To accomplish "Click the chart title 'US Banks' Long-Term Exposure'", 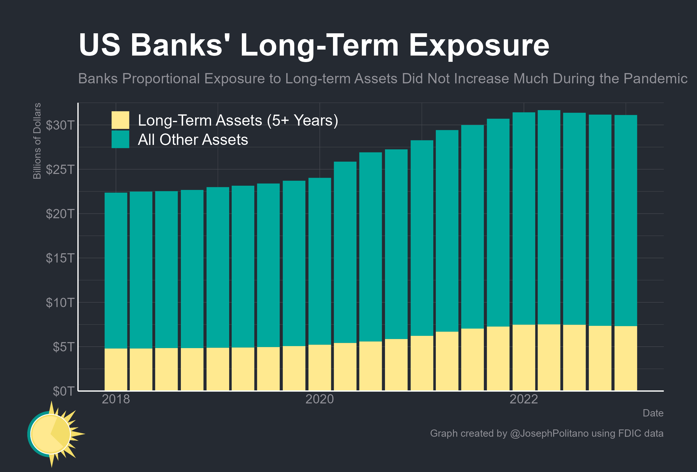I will [x=314, y=45].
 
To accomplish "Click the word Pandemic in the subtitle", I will [x=655, y=79].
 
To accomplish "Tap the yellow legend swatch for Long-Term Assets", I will [x=120, y=120].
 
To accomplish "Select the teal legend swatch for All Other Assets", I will [x=120, y=139].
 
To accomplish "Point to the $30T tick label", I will [x=60, y=125].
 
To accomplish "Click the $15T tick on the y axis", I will [x=60, y=258].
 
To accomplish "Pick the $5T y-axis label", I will [x=63, y=347].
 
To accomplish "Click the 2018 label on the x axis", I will [x=116, y=399].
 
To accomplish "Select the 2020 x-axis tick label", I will [x=319, y=399].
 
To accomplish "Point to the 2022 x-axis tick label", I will [x=524, y=399].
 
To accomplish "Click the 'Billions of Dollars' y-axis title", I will [x=37, y=141].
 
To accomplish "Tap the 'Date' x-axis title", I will [x=653, y=413].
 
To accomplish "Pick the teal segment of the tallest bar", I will [x=549, y=216].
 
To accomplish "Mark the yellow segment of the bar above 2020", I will [x=320, y=368].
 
